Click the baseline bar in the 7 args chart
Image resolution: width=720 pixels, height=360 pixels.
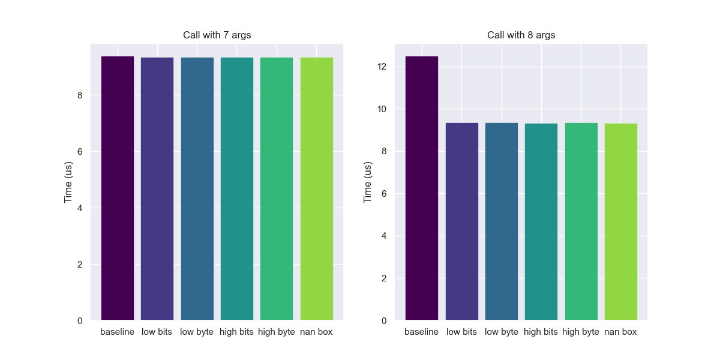[x=118, y=188]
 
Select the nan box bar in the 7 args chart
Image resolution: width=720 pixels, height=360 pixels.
[x=316, y=189]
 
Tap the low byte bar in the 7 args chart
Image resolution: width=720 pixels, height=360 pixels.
[x=197, y=189]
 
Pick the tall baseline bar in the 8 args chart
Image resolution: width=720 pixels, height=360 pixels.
[x=421, y=188]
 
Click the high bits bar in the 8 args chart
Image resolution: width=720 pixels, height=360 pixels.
[x=541, y=222]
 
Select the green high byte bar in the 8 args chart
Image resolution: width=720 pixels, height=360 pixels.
[x=581, y=222]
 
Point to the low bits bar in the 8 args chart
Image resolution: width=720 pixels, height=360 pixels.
[x=461, y=222]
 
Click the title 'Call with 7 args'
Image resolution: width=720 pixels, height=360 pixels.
[x=217, y=35]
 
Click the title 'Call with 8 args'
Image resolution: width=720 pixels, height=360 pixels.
[x=521, y=35]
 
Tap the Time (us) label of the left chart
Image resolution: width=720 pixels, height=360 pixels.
[x=68, y=182]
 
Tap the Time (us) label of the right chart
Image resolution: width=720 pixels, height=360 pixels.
[x=368, y=182]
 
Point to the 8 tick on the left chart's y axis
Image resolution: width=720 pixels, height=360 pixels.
[x=79, y=95]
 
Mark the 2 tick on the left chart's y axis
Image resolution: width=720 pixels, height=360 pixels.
[x=79, y=265]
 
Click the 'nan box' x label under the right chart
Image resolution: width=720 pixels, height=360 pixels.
[x=620, y=332]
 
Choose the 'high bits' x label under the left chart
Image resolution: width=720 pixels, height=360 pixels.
[x=237, y=332]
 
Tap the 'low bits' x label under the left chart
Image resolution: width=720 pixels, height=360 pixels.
[x=157, y=332]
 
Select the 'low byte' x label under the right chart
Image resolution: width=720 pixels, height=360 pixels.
[x=501, y=332]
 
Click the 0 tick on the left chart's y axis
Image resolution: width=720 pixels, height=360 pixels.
[x=79, y=321]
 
